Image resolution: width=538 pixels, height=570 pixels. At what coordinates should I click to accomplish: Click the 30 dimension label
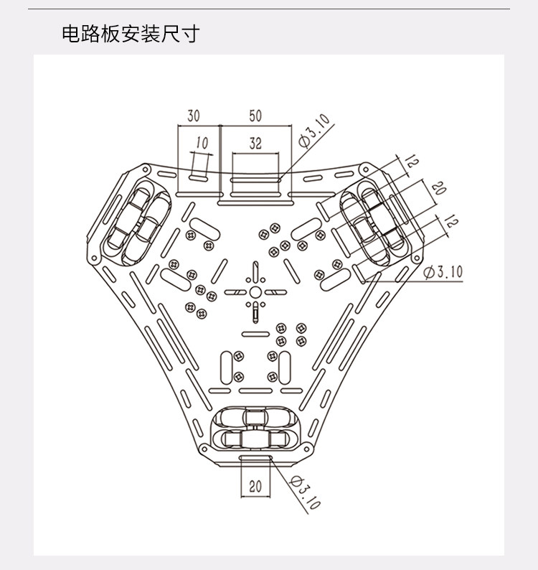[193, 116]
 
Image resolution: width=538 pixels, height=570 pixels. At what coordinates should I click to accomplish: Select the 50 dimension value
[255, 116]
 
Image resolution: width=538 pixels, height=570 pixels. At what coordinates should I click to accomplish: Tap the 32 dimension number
[255, 143]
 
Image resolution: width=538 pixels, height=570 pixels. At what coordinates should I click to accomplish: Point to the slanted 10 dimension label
[202, 144]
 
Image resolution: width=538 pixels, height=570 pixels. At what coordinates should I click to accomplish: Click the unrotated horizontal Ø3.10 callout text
[443, 271]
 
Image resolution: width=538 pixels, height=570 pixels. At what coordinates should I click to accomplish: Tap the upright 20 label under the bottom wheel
[255, 486]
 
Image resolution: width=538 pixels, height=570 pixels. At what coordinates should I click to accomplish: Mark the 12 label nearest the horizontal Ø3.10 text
[449, 222]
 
